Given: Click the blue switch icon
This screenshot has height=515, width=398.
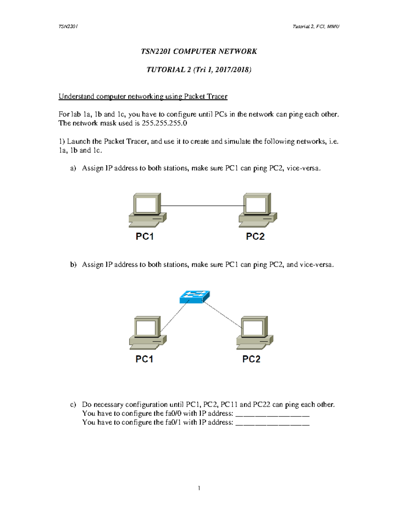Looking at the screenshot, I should (x=195, y=297).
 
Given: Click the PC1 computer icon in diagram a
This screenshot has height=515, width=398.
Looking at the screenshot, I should (x=147, y=210).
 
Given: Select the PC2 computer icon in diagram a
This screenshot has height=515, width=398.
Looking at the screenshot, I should (x=258, y=210).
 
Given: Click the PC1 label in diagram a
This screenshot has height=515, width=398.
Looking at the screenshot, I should (x=145, y=236).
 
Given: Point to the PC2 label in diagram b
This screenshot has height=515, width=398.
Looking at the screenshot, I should (x=251, y=359).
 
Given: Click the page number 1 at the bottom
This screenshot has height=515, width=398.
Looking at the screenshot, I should (x=199, y=488).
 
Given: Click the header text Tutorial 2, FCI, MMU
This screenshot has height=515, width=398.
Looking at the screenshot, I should (x=316, y=27).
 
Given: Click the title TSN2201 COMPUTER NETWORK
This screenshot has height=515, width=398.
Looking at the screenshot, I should (x=199, y=51).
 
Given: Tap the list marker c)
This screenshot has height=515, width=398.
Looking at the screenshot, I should (x=73, y=405).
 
